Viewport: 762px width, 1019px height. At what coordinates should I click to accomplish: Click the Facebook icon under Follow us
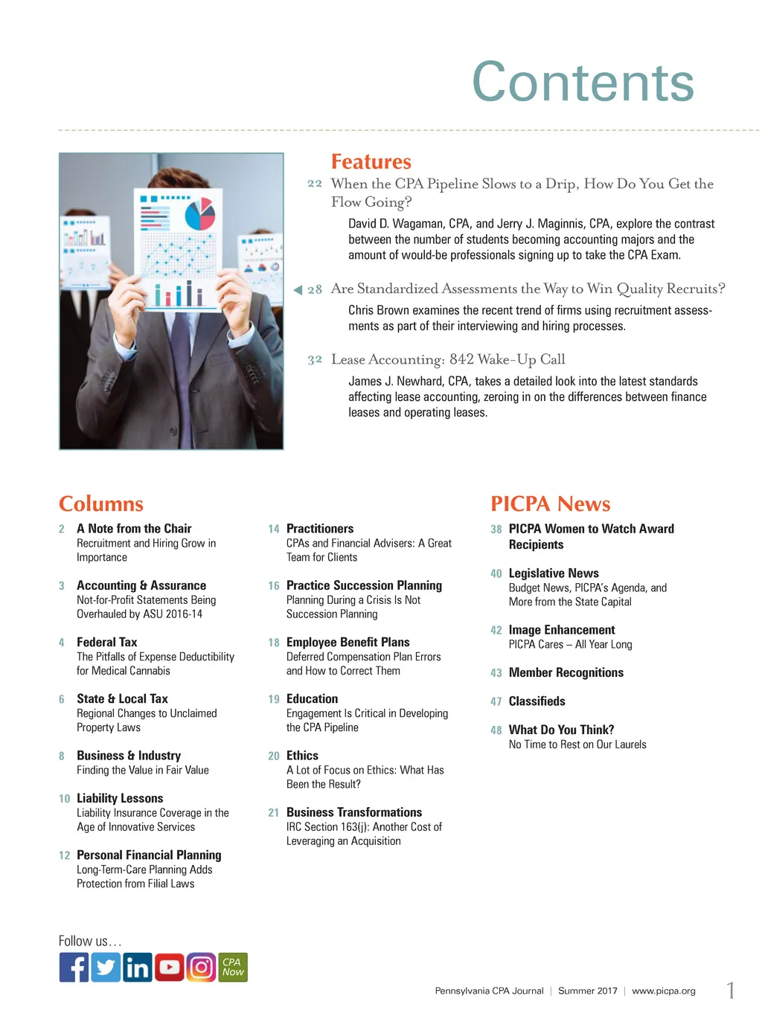74,967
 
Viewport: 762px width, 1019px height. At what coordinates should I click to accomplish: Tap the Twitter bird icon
106,967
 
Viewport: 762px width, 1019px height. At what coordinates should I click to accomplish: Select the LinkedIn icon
138,967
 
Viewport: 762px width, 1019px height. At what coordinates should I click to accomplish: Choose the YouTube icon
170,967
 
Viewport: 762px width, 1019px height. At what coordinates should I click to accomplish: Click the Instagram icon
201,967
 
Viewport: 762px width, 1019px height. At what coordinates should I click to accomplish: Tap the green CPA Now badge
233,967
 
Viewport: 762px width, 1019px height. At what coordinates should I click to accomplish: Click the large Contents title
583,82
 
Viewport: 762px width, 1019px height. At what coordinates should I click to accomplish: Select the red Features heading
371,161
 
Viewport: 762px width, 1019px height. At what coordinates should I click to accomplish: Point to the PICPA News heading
550,504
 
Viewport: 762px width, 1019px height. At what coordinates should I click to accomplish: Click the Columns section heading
101,504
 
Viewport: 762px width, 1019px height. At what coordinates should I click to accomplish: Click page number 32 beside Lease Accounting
315,360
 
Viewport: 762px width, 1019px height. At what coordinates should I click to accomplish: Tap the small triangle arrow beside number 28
298,289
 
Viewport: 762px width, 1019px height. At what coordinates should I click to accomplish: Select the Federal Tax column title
107,642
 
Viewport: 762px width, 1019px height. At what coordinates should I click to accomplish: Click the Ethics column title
302,755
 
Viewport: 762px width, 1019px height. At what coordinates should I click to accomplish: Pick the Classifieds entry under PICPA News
537,701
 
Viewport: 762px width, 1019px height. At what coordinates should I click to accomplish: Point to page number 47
496,701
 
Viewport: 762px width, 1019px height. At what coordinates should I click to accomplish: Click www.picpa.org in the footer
663,991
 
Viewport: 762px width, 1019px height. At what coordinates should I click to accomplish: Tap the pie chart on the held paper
199,214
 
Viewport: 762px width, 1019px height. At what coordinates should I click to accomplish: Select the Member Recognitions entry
566,672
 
